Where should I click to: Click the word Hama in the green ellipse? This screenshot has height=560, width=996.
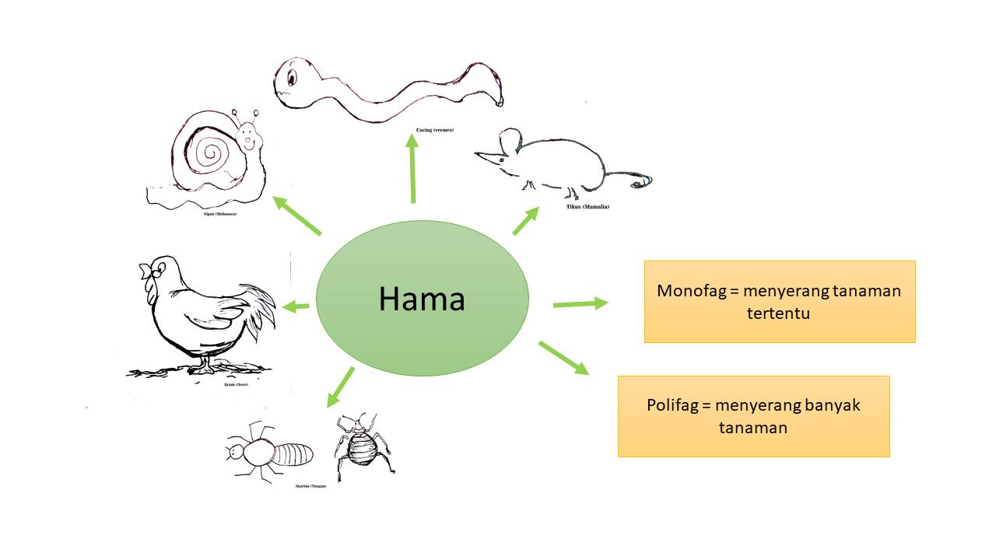(x=422, y=299)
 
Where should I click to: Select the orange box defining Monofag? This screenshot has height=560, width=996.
(x=779, y=301)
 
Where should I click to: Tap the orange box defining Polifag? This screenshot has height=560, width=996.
(x=753, y=416)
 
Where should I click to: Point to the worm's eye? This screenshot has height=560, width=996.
(x=291, y=77)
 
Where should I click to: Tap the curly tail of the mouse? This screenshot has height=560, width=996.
(x=641, y=181)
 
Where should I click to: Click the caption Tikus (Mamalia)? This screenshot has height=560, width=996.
(x=587, y=207)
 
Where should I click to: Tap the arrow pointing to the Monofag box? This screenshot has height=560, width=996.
(x=580, y=303)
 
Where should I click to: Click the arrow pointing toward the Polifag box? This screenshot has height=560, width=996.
(x=563, y=357)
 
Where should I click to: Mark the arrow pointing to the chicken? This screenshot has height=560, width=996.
(x=296, y=306)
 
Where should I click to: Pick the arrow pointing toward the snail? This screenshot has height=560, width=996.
(x=297, y=215)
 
